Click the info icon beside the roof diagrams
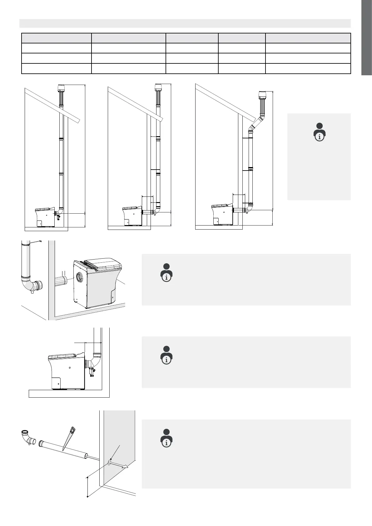click(x=319, y=132)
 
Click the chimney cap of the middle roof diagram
click(x=158, y=87)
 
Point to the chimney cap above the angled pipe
click(x=262, y=94)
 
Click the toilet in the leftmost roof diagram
click(x=45, y=217)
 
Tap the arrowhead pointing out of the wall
click(x=126, y=467)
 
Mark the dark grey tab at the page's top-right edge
click(x=367, y=37)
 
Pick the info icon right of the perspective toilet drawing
click(x=167, y=273)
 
